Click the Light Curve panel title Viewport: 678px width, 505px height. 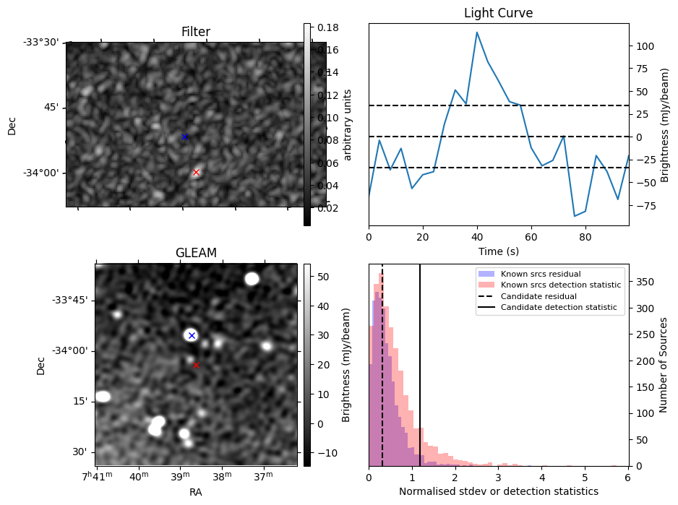pyautogui.click(x=498, y=13)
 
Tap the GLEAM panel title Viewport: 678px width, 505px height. pyautogui.click(x=196, y=253)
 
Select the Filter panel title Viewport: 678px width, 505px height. pyautogui.click(x=196, y=32)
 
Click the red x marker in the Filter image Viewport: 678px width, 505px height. pyautogui.click(x=196, y=172)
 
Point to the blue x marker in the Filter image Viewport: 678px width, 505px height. pyautogui.click(x=184, y=137)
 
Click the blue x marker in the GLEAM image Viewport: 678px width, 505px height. pyautogui.click(x=192, y=335)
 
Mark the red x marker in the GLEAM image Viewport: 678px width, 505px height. pyautogui.click(x=196, y=366)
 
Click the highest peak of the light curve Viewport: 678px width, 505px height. pyautogui.click(x=477, y=33)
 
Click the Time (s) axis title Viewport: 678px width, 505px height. pyautogui.click(x=498, y=251)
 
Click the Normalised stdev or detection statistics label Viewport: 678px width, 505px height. pyautogui.click(x=498, y=491)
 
